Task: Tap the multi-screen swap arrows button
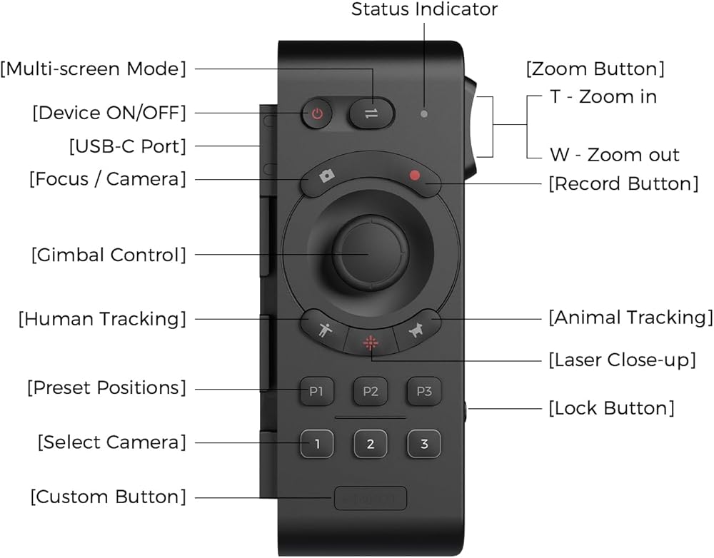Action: coord(371,113)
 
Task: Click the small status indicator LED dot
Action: coord(425,113)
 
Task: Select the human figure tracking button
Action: coord(323,328)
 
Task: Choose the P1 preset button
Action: coord(316,391)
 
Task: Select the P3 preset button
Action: coord(424,391)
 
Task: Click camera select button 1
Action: coord(317,444)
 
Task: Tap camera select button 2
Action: coord(371,444)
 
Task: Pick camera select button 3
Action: coord(424,444)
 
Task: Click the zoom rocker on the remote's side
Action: coord(472,127)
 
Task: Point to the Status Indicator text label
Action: coord(424,10)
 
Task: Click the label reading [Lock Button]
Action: coord(610,409)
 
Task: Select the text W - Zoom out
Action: coord(614,155)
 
